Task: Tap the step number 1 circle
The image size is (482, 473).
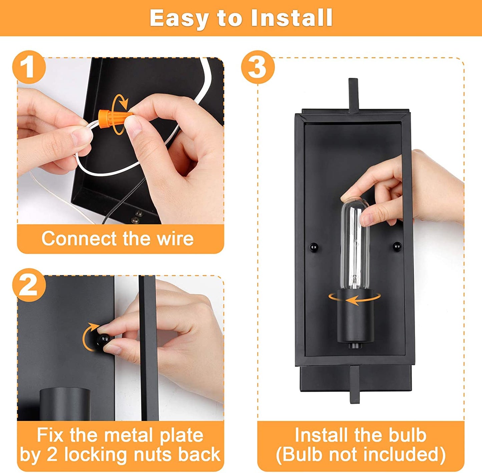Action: pyautogui.click(x=29, y=67)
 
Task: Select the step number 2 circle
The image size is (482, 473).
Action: pyautogui.click(x=29, y=285)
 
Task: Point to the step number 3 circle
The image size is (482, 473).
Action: pyautogui.click(x=258, y=67)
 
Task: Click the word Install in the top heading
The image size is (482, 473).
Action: pyautogui.click(x=292, y=18)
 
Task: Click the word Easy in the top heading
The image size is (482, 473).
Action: pyautogui.click(x=178, y=18)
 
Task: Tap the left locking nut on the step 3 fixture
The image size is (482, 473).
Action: pyautogui.click(x=314, y=247)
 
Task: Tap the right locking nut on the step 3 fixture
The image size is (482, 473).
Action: pyautogui.click(x=397, y=247)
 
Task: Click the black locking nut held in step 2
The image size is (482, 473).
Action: pyautogui.click(x=103, y=340)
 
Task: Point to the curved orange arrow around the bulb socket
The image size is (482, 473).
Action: pyautogui.click(x=355, y=299)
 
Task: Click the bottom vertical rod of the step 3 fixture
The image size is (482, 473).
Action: pyautogui.click(x=355, y=384)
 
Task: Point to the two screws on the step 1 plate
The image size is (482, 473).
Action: pyautogui.click(x=137, y=217)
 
